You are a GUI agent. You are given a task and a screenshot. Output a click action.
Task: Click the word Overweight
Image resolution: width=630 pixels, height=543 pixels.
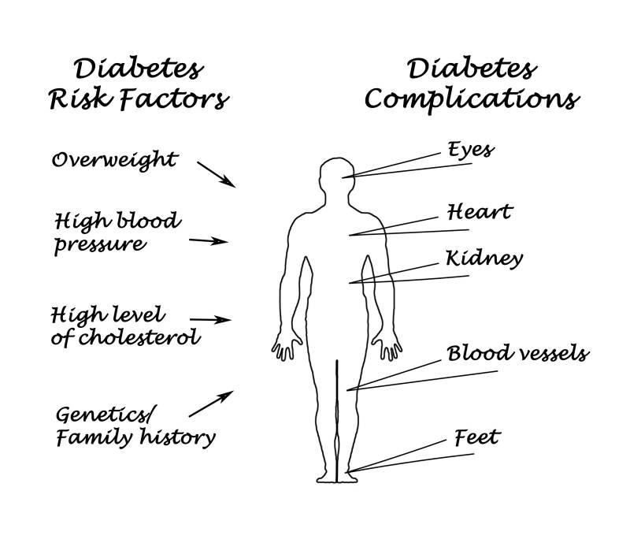click(x=114, y=161)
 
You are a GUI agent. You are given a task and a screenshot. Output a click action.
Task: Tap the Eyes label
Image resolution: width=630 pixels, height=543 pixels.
click(x=471, y=150)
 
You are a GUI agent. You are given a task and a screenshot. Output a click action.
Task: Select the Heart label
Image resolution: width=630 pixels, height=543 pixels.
click(x=480, y=211)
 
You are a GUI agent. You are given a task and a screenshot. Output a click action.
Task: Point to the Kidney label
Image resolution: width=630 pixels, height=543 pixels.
click(x=484, y=259)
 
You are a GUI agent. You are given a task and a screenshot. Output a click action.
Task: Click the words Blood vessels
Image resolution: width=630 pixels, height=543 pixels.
click(x=518, y=353)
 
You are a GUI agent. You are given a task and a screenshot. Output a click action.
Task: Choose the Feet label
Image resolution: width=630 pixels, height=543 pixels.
click(x=477, y=437)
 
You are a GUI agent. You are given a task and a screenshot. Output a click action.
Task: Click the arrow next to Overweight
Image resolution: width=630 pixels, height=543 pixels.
click(x=216, y=175)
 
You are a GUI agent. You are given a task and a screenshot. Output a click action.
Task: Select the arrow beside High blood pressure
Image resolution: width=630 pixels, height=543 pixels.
click(x=209, y=241)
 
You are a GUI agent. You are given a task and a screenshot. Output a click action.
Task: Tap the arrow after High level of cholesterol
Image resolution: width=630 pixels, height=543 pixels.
click(x=210, y=320)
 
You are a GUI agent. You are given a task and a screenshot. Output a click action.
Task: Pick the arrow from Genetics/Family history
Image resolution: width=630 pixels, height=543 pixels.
click(x=211, y=404)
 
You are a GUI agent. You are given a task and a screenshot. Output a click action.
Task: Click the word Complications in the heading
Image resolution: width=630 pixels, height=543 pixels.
click(x=472, y=99)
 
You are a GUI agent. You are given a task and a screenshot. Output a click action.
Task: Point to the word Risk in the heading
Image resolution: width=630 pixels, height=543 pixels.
click(x=80, y=99)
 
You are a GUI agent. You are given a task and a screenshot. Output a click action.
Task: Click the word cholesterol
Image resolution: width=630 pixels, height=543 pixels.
click(x=139, y=337)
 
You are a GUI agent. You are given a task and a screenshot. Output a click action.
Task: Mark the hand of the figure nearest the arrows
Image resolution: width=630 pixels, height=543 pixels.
click(x=287, y=346)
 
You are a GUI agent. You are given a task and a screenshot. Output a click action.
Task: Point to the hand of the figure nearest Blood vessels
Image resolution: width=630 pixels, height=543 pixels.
click(x=387, y=346)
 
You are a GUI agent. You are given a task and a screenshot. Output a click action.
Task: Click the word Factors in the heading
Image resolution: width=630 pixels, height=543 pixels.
click(x=175, y=99)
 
